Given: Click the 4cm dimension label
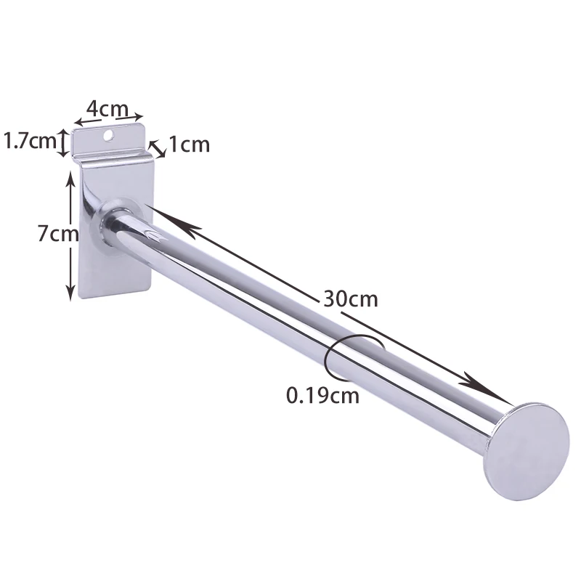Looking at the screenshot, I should [x=109, y=107].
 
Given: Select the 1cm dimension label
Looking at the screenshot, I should [x=189, y=145].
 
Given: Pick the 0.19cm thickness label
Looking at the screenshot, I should [x=322, y=396].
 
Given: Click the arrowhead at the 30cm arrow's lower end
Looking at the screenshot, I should [x=494, y=392].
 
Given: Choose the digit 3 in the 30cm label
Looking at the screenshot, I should [x=325, y=299].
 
